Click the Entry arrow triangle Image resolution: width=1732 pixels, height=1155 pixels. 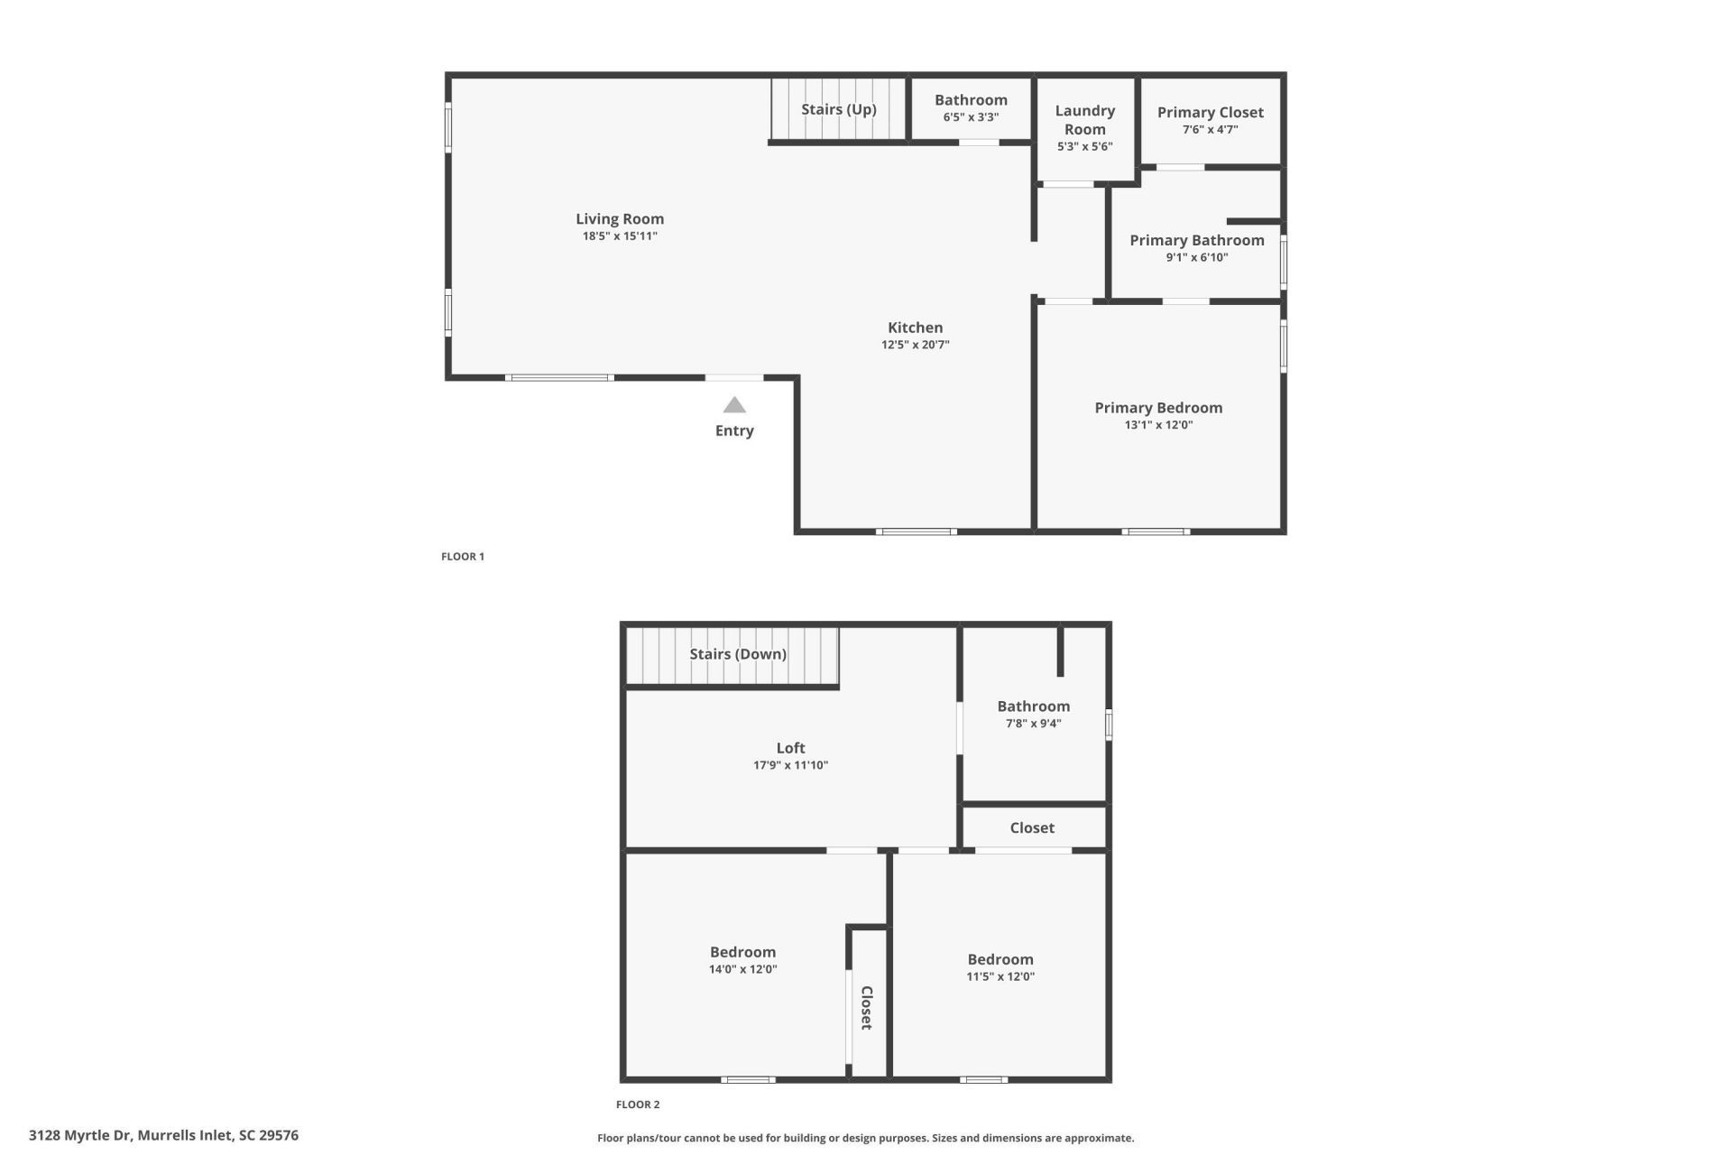pos(734,405)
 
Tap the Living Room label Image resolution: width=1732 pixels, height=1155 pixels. pos(620,218)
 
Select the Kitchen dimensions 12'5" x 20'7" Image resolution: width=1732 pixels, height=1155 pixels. pos(915,345)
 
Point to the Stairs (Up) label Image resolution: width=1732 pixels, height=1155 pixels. pos(838,109)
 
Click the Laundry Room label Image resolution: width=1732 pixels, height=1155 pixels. pos(1084,119)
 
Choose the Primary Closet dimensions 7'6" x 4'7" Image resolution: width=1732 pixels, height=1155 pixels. pos(1210,130)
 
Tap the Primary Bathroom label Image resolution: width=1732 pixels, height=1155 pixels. pos(1196,240)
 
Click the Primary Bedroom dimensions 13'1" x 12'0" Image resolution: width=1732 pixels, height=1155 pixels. pos(1158,425)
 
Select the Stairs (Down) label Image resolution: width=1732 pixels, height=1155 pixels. pos(738,654)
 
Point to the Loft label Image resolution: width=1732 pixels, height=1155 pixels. pos(790,748)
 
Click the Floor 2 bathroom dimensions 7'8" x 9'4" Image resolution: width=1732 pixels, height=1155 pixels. pos(1033,724)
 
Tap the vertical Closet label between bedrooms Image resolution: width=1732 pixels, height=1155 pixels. pos(866,1008)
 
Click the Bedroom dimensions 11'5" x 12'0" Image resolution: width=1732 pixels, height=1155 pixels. pos(1000,976)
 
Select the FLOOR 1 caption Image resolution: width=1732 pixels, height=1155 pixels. pos(463,557)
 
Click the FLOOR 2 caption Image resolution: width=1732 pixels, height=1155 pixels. pos(638,1104)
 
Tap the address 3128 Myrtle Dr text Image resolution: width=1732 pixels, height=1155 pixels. pos(163,1135)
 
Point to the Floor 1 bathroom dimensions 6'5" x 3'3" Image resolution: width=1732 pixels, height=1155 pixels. pos(971,117)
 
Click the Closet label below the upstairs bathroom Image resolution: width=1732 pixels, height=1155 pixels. pos(1032,827)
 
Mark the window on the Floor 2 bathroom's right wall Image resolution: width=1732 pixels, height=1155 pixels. pos(1109,725)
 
